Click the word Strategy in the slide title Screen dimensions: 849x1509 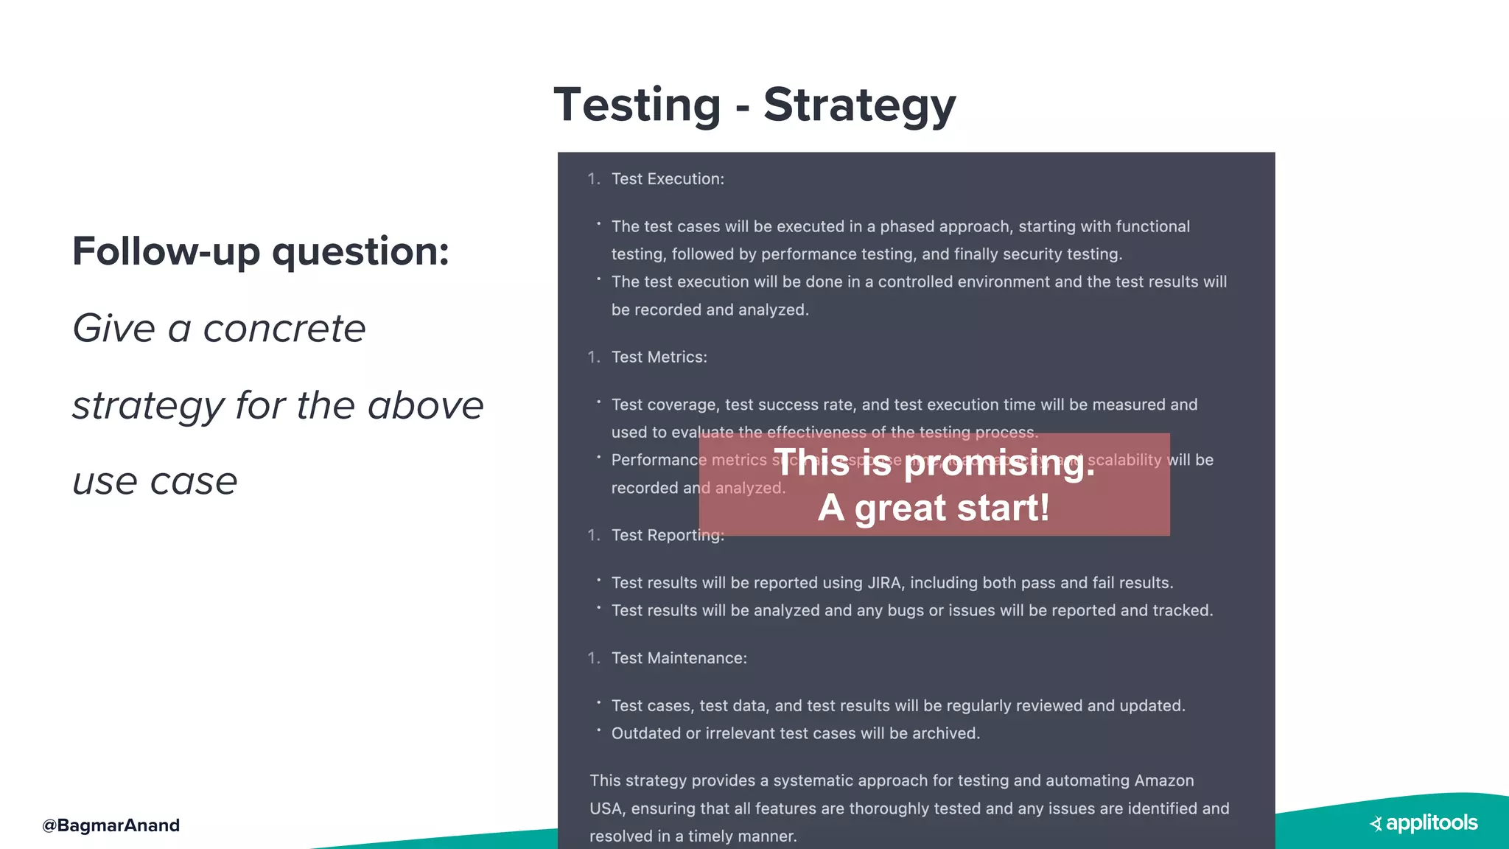click(859, 105)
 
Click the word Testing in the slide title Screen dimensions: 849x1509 click(637, 105)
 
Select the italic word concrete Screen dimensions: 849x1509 click(284, 329)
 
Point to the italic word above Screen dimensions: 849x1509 click(425, 405)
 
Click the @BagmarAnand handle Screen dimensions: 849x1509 click(111, 825)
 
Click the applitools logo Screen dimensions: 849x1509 click(1424, 823)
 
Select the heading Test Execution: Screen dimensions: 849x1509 click(667, 179)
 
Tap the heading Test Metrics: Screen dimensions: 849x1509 click(659, 357)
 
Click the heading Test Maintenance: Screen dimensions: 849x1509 click(679, 658)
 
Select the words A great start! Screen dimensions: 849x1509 click(934, 509)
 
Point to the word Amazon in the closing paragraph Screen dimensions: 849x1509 click(1163, 780)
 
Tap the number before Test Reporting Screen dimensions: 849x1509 click(593, 536)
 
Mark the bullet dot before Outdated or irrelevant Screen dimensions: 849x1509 click(599, 730)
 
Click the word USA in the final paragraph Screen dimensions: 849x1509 click(606, 808)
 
